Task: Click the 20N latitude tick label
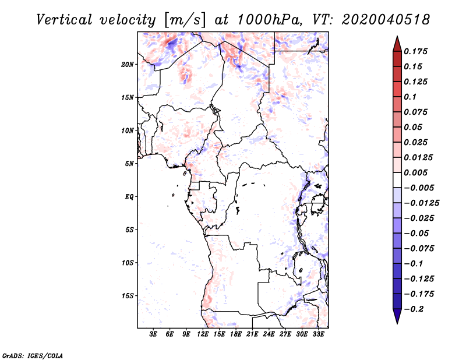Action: tap(128, 64)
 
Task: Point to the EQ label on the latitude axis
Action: tap(129, 197)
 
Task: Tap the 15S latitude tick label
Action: tap(128, 296)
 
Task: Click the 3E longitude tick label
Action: tap(154, 335)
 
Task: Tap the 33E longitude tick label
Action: tap(319, 335)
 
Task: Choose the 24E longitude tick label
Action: tap(269, 335)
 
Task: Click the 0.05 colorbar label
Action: tap(413, 127)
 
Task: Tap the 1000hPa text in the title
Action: tap(269, 20)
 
